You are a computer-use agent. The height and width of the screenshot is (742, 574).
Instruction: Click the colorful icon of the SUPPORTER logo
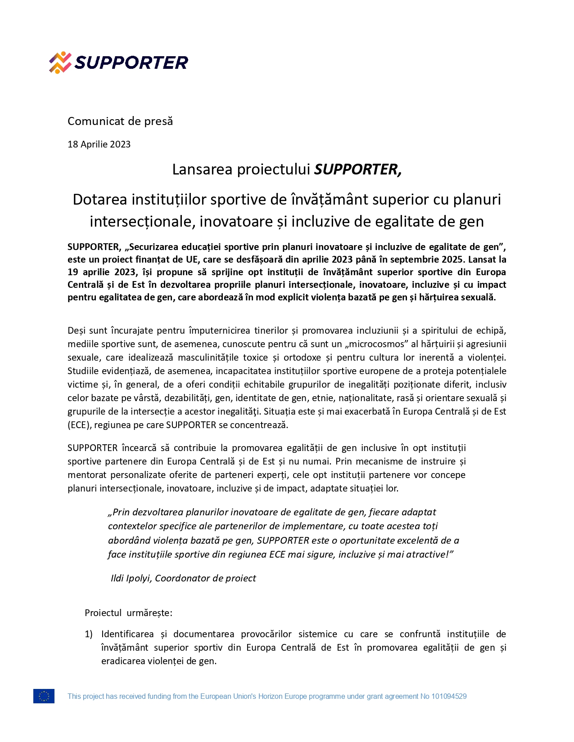60,63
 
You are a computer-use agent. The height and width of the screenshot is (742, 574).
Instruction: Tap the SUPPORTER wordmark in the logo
131,63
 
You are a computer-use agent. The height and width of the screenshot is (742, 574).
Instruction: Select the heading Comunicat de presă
120,121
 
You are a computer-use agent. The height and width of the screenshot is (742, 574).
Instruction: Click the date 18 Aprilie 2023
99,144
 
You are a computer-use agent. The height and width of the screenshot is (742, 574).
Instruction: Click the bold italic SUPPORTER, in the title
357,170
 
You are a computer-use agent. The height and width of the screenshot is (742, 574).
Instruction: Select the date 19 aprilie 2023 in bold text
101,272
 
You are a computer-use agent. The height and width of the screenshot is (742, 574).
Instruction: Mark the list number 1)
89,635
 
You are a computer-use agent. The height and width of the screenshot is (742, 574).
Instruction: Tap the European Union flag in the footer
44,696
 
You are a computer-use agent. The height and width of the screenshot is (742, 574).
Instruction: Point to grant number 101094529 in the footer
449,697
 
